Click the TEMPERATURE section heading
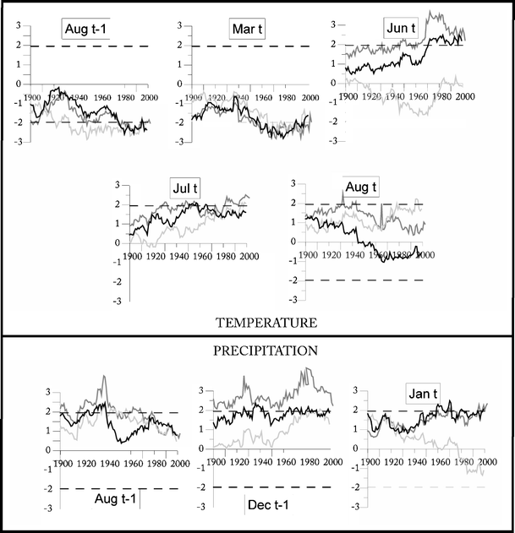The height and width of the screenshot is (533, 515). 254,322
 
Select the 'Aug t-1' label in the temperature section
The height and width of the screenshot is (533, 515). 90,31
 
